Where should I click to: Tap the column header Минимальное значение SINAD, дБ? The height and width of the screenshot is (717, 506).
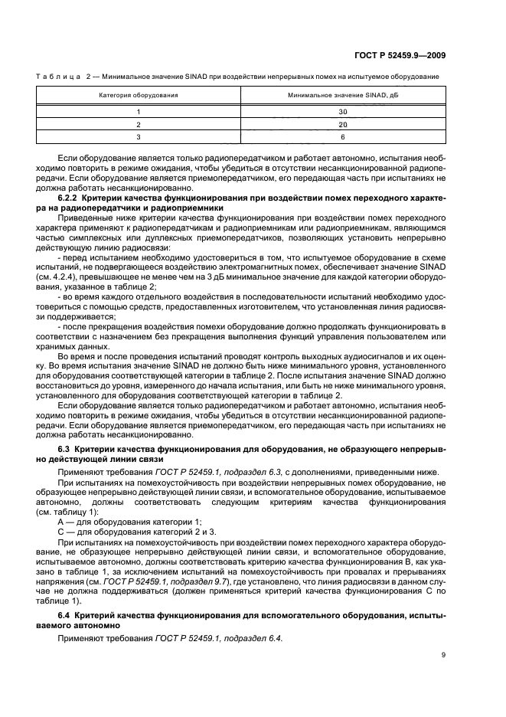(x=343, y=96)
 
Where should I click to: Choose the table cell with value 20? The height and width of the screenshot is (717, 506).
(x=343, y=123)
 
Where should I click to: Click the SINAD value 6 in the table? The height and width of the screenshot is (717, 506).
(x=343, y=136)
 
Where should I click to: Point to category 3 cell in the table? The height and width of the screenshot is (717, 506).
(x=139, y=136)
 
